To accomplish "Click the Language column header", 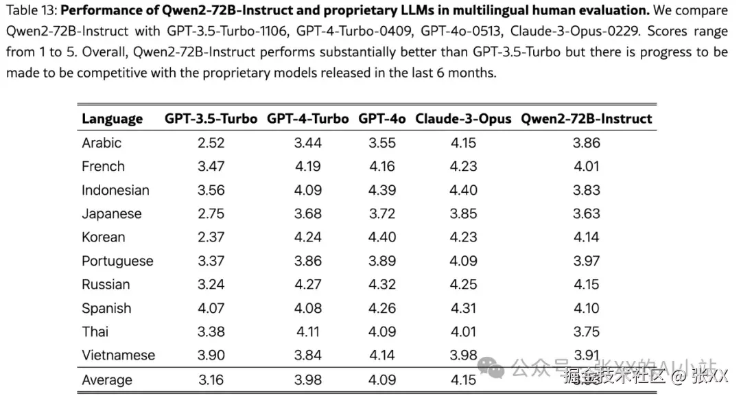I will [112, 119].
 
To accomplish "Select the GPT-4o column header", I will [382, 119].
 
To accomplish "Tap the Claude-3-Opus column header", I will [463, 119].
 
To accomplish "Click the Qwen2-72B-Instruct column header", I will [586, 119].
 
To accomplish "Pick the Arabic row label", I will [102, 143].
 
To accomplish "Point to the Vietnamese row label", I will [118, 355].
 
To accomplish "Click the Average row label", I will [107, 379].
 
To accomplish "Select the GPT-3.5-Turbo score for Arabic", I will [211, 143].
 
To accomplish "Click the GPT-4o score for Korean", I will [382, 237].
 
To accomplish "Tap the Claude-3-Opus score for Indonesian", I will [463, 190].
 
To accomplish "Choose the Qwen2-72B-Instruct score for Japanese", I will [586, 213].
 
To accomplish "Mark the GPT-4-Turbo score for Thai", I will [307, 332].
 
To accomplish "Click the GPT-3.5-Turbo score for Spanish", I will [211, 308].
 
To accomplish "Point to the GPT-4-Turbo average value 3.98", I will [307, 379].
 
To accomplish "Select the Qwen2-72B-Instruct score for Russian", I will [586, 285].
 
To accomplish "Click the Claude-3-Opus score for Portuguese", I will [463, 261].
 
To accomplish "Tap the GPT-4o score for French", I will [382, 166].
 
